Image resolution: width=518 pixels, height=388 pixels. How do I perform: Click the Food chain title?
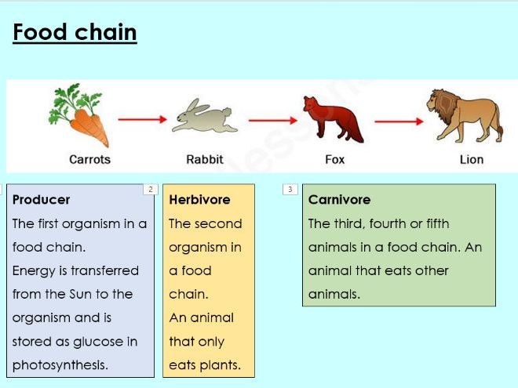tap(75, 32)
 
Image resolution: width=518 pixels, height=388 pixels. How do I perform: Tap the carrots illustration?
tap(81, 116)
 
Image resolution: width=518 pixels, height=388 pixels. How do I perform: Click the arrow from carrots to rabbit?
tap(143, 120)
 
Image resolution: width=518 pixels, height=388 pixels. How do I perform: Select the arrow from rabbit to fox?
tap(275, 120)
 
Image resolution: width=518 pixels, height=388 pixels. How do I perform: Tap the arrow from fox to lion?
tap(399, 121)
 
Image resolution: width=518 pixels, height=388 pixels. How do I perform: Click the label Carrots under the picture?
tap(89, 160)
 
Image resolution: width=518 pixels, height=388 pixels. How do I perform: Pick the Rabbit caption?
tap(205, 160)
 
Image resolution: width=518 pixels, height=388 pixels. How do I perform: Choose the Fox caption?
tap(335, 160)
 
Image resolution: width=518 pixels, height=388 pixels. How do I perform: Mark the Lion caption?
tap(472, 160)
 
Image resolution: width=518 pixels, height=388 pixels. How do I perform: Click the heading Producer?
tap(42, 200)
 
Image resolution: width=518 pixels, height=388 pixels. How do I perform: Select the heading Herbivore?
tap(199, 200)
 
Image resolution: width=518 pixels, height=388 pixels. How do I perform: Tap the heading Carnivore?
tap(339, 200)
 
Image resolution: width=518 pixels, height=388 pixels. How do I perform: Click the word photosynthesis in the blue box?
tap(60, 365)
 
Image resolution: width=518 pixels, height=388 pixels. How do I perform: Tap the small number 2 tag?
tap(150, 189)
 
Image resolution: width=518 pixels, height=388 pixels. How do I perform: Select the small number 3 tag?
tap(290, 189)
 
